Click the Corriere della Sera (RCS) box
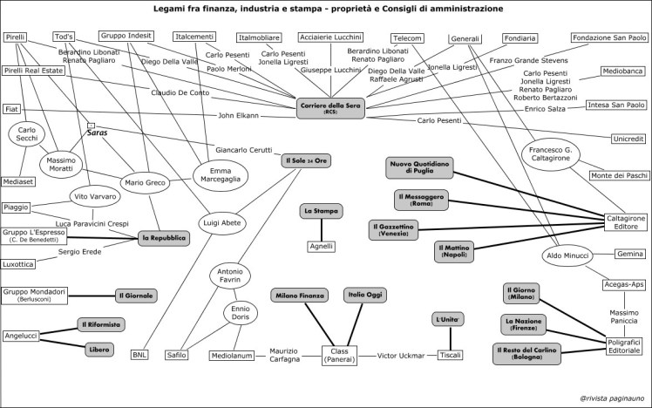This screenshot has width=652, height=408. [x=331, y=108]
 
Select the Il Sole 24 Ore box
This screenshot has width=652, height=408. [x=304, y=162]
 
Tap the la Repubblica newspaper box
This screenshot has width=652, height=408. [x=166, y=236]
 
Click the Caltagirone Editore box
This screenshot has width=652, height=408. [x=620, y=222]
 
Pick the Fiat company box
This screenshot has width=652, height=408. [x=12, y=109]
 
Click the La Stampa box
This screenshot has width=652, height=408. [x=322, y=211]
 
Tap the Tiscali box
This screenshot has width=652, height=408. [x=449, y=355]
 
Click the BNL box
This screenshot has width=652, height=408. [x=140, y=355]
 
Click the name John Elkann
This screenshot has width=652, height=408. [x=238, y=115]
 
